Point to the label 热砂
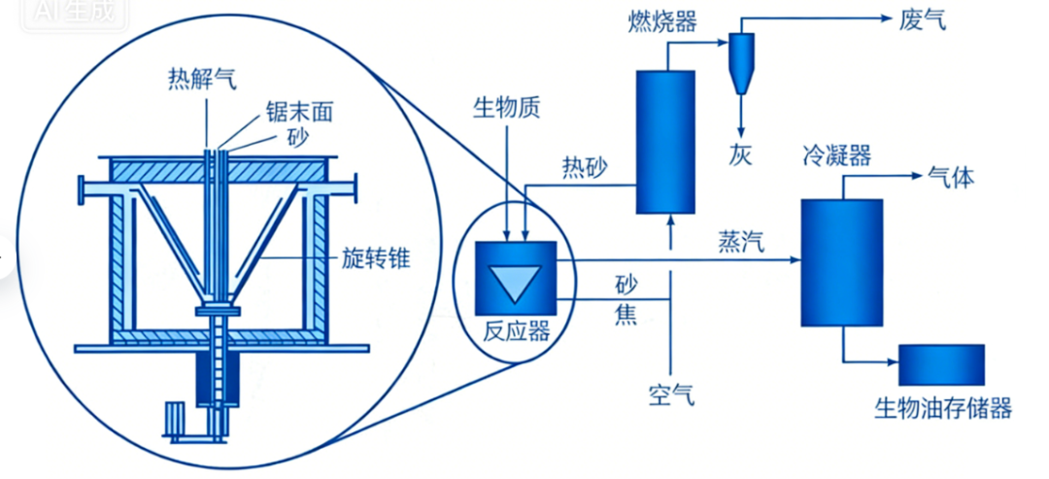[584, 167]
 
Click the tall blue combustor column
[665, 142]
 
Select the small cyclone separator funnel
[740, 62]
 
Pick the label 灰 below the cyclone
[741, 154]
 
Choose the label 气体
[951, 178]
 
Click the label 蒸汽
[741, 242]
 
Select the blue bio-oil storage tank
[941, 365]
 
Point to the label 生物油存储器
[943, 407]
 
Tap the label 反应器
[517, 330]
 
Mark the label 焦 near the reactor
[626, 316]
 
